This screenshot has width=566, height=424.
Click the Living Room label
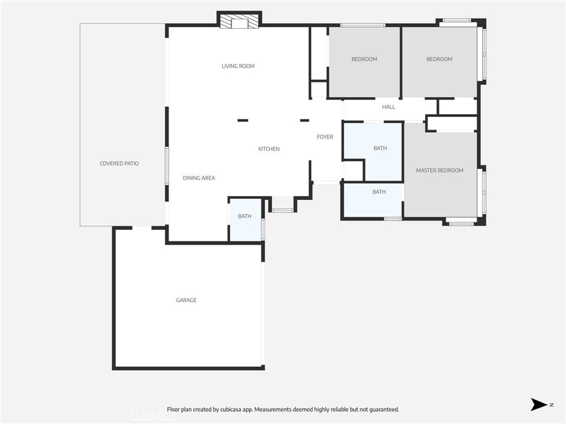(x=238, y=66)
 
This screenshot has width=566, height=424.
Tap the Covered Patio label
(x=119, y=163)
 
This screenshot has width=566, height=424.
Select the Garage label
(x=186, y=300)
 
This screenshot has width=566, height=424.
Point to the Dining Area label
(x=199, y=178)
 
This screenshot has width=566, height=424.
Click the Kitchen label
(x=269, y=149)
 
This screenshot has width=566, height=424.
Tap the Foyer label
(x=325, y=137)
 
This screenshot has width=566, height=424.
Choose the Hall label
(x=388, y=107)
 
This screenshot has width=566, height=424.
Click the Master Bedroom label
(x=440, y=170)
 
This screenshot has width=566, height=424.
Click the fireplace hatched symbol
(x=239, y=21)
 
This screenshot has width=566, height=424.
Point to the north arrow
(x=539, y=405)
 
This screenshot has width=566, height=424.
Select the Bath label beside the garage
(x=245, y=217)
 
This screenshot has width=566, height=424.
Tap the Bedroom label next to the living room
(x=364, y=59)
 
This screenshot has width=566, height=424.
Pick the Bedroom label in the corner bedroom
(x=439, y=59)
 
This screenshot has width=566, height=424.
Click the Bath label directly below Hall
(x=380, y=148)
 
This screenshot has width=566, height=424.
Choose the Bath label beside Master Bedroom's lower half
(x=379, y=192)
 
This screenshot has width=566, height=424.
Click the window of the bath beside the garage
(x=263, y=230)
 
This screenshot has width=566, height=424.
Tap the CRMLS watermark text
(x=152, y=417)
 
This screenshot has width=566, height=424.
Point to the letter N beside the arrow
(x=551, y=405)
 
